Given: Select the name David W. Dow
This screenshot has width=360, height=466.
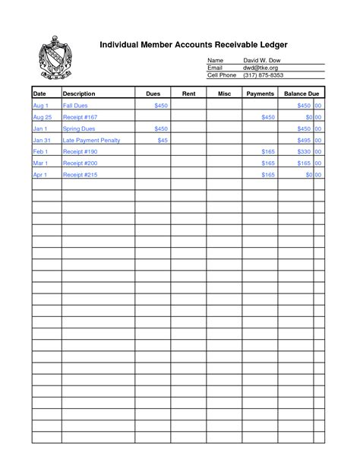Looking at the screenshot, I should coord(261,60).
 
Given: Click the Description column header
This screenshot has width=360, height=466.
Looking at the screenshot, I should coord(78,93).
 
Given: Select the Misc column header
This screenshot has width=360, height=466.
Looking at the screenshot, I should coord(225,93).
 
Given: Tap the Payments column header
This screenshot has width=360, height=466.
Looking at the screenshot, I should coord(261,93).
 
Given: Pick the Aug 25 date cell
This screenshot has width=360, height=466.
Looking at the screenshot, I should coord(43,118).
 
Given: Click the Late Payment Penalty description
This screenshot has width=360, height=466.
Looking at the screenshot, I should coord(91,141).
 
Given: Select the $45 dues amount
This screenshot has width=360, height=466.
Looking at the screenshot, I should coord(163,141).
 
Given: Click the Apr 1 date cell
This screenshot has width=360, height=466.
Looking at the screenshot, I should coord(40,175).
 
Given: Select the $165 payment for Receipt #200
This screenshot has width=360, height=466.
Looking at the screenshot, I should coord(268,163).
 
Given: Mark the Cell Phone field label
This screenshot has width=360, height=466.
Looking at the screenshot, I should coord(222,75).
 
